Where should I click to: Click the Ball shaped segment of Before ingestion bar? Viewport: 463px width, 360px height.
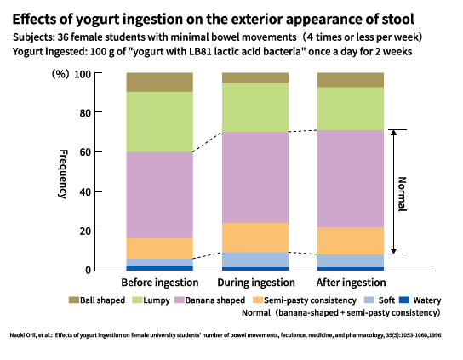tap(159, 82)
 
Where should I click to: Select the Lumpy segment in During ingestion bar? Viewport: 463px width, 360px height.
tap(255, 107)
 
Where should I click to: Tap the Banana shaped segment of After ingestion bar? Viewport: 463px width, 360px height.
tap(351, 179)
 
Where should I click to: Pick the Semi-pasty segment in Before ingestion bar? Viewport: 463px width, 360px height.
tap(159, 249)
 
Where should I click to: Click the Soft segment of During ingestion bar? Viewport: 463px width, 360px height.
tap(255, 260)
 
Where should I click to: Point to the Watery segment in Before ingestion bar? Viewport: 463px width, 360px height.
tap(159, 268)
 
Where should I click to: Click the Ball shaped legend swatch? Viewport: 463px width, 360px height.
tap(73, 300)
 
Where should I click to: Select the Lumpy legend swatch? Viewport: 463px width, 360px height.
tap(137, 300)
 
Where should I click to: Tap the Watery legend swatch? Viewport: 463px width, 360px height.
tap(404, 300)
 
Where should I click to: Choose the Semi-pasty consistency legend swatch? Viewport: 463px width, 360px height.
tap(258, 300)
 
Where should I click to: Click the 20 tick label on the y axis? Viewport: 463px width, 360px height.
tap(85, 231)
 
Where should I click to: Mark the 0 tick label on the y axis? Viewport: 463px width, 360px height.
tap(88, 271)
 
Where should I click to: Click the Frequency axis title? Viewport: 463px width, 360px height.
tap(63, 174)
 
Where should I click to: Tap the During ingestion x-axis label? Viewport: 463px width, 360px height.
tap(256, 283)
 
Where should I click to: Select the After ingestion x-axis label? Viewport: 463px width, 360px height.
tap(352, 283)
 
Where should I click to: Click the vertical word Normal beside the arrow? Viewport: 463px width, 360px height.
tap(403, 194)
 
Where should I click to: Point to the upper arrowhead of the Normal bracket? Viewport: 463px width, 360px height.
tap(393, 132)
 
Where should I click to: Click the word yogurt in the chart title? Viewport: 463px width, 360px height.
tap(98, 20)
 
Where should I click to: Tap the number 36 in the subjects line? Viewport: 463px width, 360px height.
tap(64, 37)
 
